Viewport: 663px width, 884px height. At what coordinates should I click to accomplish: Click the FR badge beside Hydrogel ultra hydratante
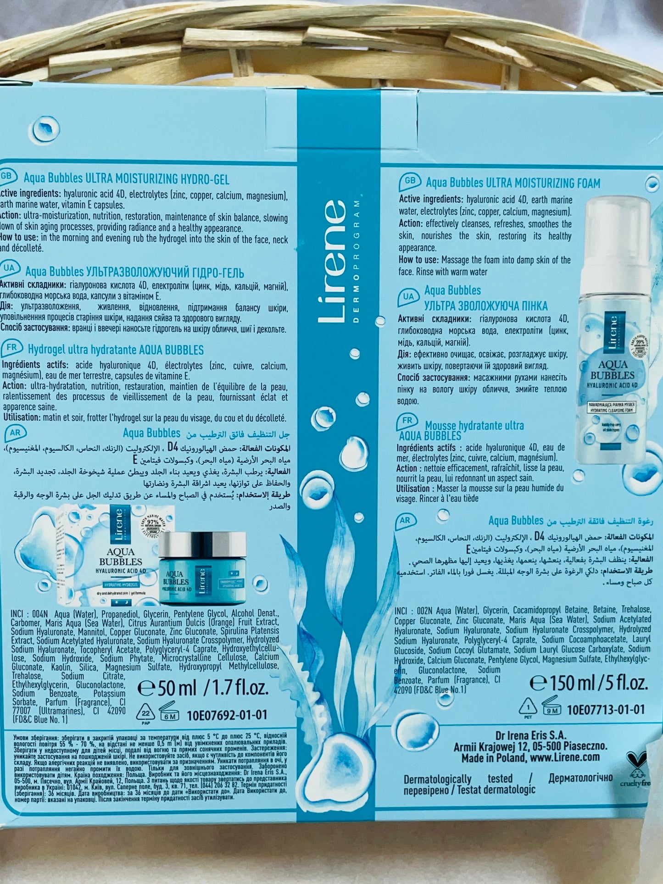coord(12,348)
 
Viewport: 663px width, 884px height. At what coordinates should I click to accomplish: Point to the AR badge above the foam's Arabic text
coord(405,520)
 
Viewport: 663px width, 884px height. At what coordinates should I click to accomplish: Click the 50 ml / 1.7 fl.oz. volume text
coord(203,688)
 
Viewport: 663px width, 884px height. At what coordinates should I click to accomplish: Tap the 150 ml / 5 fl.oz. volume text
coord(589,683)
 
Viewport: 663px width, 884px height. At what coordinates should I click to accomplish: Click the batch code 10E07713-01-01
coord(606,709)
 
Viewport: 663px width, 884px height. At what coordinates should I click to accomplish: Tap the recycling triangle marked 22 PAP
coord(146,712)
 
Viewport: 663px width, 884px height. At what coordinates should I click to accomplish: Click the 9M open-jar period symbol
coord(552,708)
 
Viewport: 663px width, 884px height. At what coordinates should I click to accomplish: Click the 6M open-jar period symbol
coord(168,713)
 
